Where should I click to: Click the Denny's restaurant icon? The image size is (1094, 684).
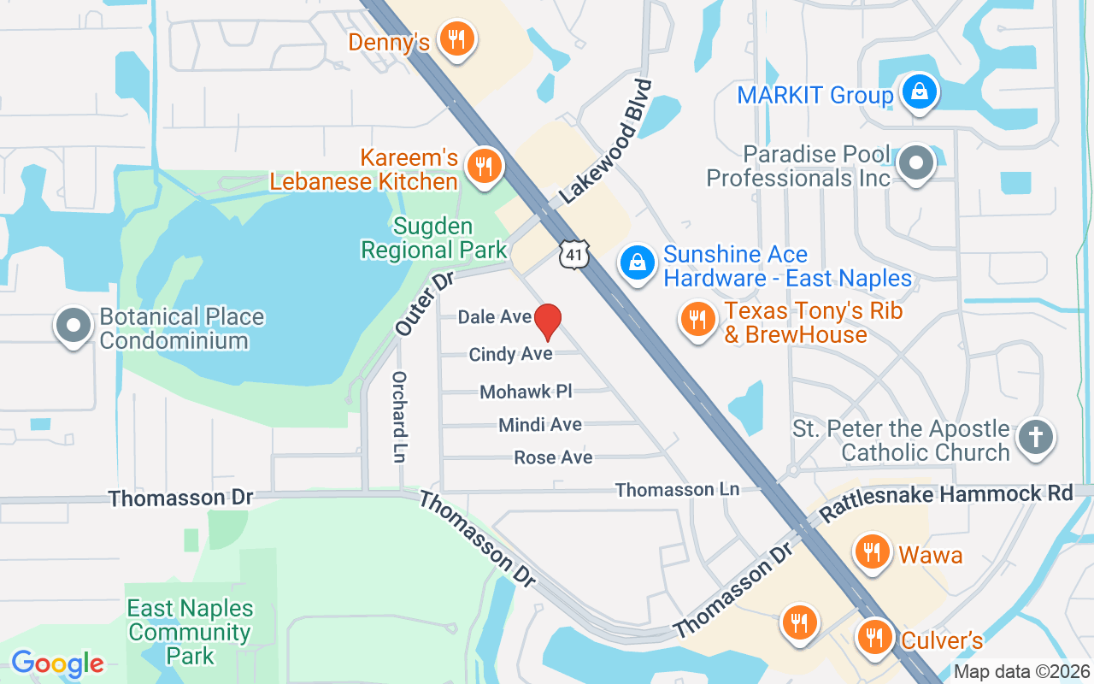(457, 39)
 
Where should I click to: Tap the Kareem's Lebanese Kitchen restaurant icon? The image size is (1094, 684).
(485, 167)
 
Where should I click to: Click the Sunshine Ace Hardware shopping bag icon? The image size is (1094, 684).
(637, 262)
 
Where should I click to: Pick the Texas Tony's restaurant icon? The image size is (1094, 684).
(698, 320)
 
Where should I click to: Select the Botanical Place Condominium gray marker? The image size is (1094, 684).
(74, 326)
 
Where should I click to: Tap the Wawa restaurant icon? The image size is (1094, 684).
(871, 551)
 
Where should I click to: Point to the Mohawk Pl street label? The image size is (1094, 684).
(526, 392)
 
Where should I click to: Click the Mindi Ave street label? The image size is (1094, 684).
(540, 425)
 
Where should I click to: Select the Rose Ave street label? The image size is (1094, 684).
(553, 458)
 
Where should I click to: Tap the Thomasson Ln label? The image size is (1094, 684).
(677, 490)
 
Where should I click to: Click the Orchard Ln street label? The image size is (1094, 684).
(398, 416)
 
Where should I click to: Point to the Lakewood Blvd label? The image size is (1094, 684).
(607, 141)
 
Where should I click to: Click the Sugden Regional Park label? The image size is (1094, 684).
(433, 239)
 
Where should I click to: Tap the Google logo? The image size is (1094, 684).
(57, 663)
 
